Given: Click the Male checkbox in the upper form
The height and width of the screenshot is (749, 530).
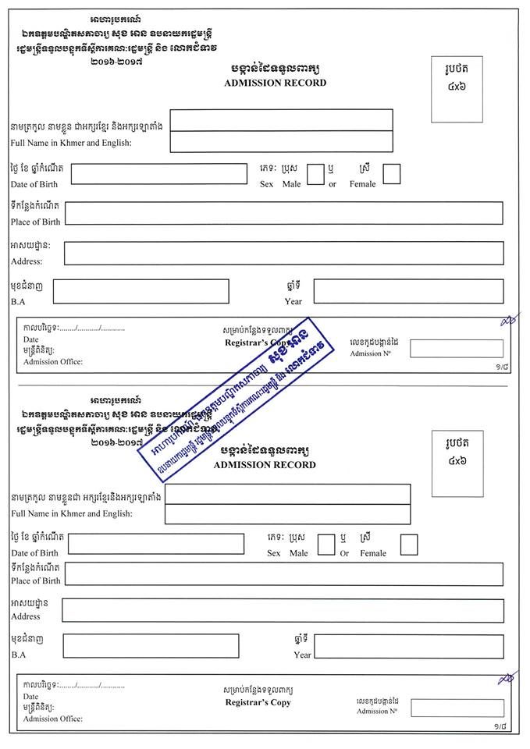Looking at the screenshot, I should [315, 174].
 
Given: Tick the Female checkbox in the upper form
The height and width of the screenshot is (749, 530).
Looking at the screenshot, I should [391, 174].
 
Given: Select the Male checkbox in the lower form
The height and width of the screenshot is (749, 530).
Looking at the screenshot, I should [326, 545].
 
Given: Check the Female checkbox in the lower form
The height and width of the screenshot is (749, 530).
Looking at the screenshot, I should [408, 545].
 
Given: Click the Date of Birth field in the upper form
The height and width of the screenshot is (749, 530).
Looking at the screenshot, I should [158, 174].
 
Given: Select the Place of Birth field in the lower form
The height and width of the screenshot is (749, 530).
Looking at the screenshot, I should [283, 574].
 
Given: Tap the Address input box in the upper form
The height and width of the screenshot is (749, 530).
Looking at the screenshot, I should [283, 253].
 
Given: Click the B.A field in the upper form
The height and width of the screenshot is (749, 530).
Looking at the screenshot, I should [141, 291].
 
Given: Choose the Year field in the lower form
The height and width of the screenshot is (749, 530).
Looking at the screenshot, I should [408, 646].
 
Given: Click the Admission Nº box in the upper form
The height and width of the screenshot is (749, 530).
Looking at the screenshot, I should [457, 349].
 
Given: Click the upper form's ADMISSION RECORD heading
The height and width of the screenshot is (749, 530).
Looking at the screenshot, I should [264, 83].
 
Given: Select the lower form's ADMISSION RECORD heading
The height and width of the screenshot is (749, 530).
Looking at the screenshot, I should [264, 465].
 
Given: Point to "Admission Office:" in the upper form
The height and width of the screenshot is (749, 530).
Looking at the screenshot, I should [52, 361].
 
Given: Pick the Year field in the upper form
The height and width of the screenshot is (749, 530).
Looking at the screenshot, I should [408, 291].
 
